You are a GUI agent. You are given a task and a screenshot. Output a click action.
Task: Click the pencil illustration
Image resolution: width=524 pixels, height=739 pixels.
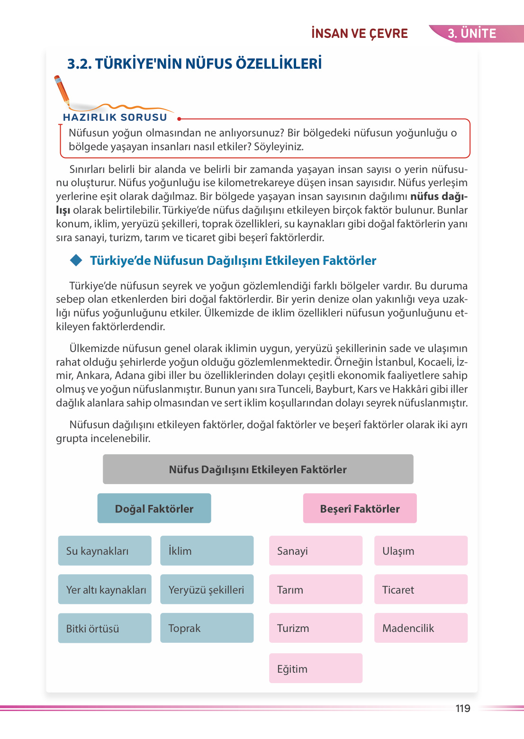point(62,90)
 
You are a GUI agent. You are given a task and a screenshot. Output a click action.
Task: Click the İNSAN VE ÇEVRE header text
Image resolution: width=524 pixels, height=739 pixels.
point(360,34)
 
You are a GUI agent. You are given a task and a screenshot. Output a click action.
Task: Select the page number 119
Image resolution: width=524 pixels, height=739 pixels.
point(463,708)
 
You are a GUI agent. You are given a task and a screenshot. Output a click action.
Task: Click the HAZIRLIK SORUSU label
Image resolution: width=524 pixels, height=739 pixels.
point(115,117)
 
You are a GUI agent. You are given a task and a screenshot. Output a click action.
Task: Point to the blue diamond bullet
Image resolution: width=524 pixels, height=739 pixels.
point(76,260)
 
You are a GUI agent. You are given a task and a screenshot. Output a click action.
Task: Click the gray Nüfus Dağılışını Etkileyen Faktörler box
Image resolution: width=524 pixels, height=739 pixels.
point(258,469)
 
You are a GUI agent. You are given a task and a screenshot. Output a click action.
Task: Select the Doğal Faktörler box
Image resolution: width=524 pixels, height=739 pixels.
point(154,508)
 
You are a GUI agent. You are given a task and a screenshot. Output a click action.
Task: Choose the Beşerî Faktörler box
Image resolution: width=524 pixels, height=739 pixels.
point(360,508)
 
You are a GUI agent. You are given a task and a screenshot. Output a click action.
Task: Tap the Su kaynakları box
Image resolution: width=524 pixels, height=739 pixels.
point(105,550)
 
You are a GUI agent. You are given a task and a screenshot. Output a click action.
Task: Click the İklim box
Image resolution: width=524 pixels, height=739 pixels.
point(207,550)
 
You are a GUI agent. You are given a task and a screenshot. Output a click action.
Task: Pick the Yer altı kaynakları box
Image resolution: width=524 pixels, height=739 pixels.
point(105,589)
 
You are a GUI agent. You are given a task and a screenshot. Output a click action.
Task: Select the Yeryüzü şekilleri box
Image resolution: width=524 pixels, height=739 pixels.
point(207,589)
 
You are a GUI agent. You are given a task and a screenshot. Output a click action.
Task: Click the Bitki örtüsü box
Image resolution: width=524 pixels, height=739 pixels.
point(105,628)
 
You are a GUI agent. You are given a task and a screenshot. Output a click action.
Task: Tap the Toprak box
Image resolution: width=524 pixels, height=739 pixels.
point(207,628)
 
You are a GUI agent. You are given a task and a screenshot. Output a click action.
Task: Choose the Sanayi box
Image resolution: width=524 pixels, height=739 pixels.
point(316,550)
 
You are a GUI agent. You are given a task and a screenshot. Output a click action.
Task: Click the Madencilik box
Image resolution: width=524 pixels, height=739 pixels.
point(421,628)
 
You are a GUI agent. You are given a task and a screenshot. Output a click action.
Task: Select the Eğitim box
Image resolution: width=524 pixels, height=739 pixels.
point(316,668)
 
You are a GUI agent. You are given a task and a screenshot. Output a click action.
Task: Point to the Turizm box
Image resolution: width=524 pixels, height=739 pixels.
point(316,628)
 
